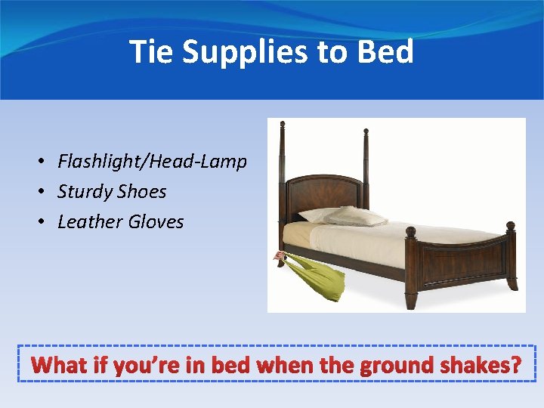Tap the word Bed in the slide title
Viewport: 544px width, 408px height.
point(385,52)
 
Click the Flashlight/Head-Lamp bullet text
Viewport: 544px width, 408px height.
point(152,162)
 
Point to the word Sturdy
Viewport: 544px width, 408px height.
point(85,192)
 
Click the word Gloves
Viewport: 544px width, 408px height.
point(156,222)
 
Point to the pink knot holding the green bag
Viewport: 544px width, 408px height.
point(280,258)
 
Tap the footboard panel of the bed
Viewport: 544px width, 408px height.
point(463,261)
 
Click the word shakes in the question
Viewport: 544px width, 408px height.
point(481,366)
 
